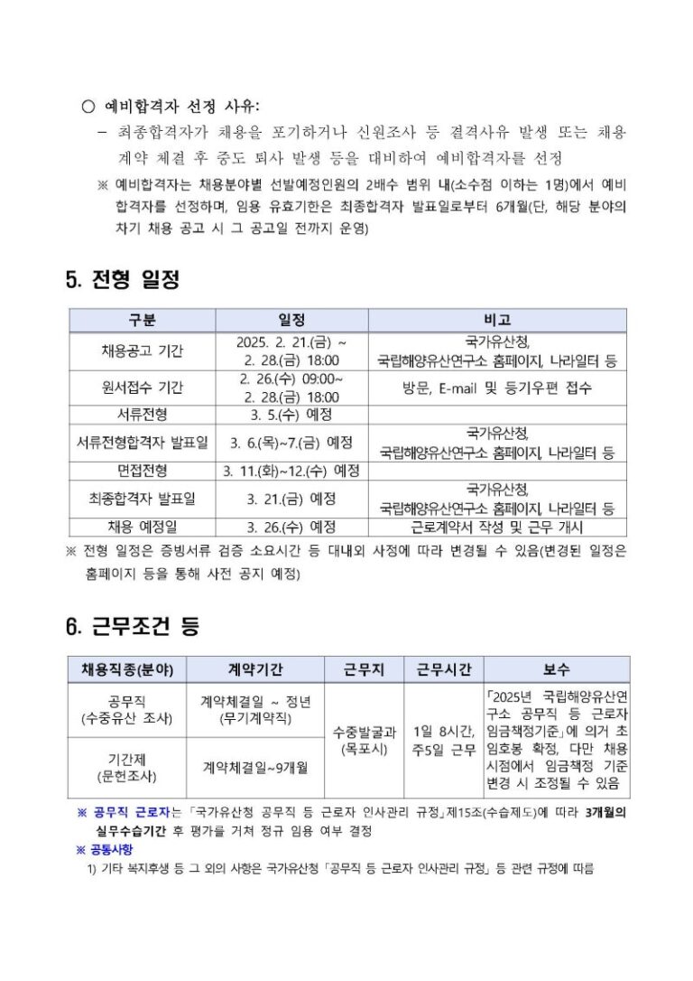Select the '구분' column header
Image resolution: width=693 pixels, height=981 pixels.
[x=143, y=321]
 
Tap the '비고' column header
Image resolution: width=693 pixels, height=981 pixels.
[x=497, y=321]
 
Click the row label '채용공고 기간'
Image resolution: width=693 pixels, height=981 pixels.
[x=143, y=351]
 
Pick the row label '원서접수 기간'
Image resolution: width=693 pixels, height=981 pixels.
[x=143, y=388]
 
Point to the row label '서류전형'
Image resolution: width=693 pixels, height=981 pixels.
[x=143, y=415]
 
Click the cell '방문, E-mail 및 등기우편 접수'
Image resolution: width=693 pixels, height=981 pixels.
[x=497, y=388]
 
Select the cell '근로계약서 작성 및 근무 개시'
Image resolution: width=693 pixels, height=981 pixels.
[x=497, y=527]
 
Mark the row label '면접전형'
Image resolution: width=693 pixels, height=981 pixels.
[x=143, y=471]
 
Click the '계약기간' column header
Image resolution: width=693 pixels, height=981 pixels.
[x=255, y=669]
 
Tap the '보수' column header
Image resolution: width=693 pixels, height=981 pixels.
[x=556, y=669]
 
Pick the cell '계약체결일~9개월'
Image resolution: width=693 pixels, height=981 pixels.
[x=255, y=767]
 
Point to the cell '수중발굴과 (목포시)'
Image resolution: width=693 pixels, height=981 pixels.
[x=364, y=741]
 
